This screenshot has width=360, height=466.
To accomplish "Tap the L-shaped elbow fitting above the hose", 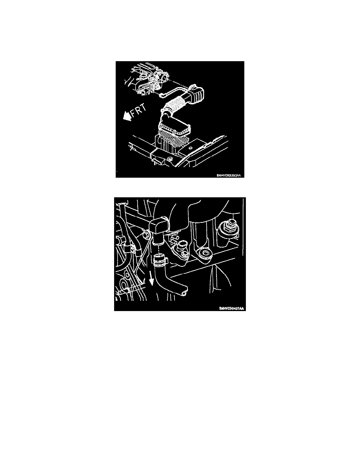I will (158, 229).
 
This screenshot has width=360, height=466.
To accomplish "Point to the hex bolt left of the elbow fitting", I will (147, 235).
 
